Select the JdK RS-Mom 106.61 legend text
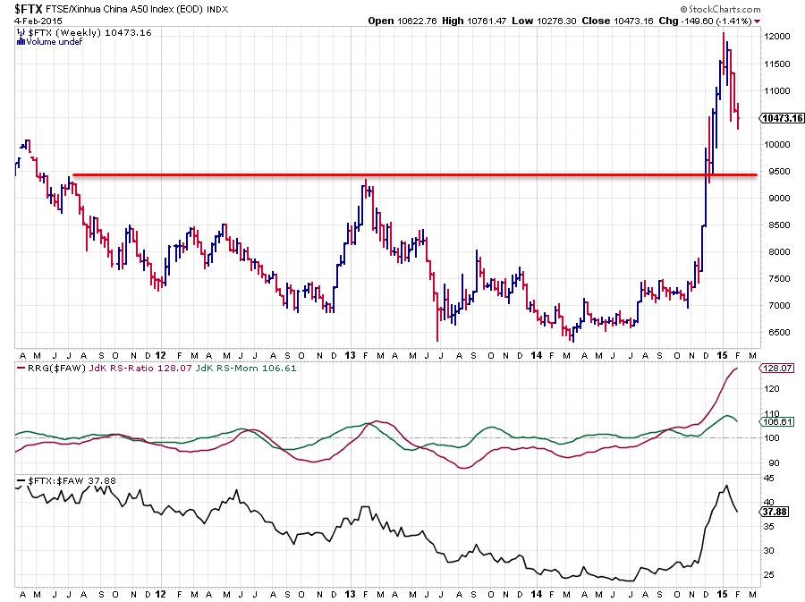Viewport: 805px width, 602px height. click(x=246, y=368)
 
